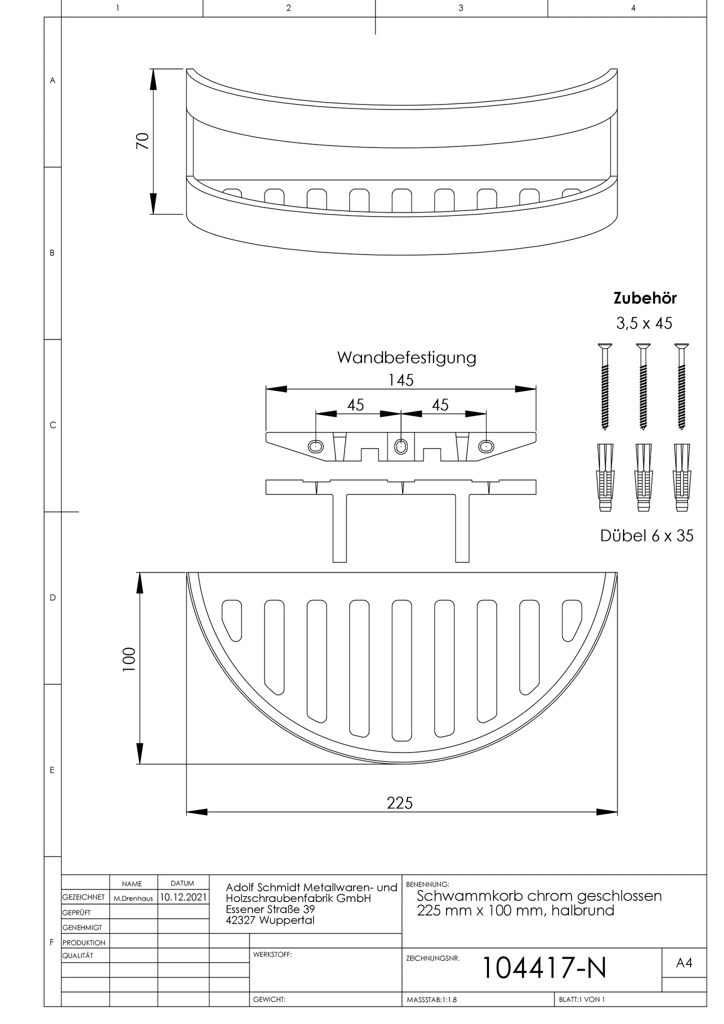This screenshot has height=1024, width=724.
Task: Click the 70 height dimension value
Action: (142, 141)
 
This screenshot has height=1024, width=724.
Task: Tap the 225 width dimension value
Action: (399, 803)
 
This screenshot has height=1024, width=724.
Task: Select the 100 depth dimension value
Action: (129, 659)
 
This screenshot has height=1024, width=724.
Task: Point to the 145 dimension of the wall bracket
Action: (401, 380)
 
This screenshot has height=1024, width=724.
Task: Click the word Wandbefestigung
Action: (406, 358)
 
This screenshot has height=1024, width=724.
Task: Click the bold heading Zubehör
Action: (645, 298)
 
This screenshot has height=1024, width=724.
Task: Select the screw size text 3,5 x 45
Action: (644, 323)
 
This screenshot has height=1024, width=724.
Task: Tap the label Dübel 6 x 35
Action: (646, 536)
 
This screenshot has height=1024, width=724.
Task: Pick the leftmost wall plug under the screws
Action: (605, 477)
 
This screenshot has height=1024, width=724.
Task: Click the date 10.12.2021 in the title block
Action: (183, 897)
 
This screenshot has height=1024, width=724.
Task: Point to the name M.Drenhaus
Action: (133, 898)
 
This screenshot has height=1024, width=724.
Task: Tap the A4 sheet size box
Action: (684, 962)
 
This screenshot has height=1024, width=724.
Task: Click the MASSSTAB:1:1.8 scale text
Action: (431, 999)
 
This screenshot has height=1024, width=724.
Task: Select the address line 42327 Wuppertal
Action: (270, 920)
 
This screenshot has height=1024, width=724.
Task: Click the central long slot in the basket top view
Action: (401, 670)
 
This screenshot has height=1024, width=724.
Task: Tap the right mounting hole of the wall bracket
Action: (486, 445)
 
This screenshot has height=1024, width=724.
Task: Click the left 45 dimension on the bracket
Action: (355, 404)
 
